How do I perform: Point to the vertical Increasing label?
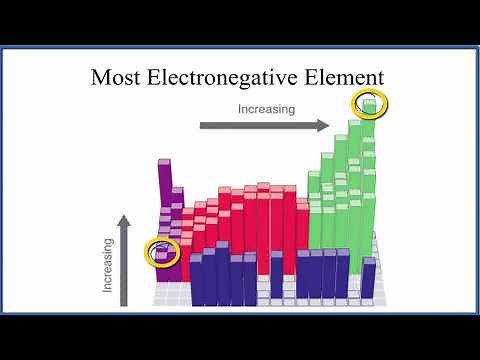coord(108,264)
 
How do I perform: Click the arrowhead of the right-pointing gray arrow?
coord(323,125)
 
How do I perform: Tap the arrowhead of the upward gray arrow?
coord(125,220)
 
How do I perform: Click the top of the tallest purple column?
coord(165,161)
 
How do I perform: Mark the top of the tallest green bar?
coord(369,102)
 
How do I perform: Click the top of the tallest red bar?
coord(263,187)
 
